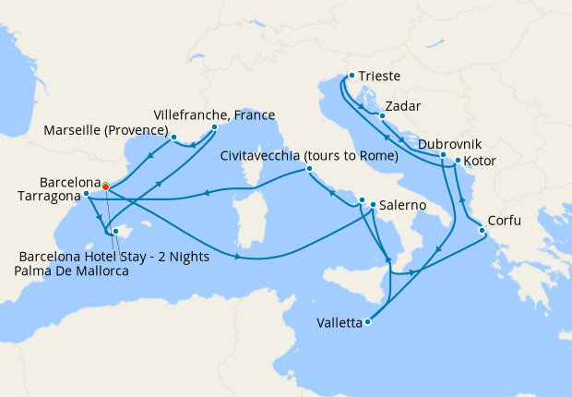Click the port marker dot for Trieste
(x=352, y=76)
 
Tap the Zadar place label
(x=403, y=105)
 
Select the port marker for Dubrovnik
(x=444, y=154)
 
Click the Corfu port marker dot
(x=482, y=230)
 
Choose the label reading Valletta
(x=339, y=323)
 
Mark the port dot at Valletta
(x=368, y=322)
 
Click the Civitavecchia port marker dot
(x=308, y=169)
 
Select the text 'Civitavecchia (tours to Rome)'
(x=309, y=155)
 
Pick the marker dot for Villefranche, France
(x=214, y=127)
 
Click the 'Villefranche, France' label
(x=214, y=114)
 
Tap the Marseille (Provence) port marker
(x=173, y=137)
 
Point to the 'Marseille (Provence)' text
(x=105, y=131)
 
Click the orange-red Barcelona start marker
(x=106, y=186)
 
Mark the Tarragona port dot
(x=86, y=194)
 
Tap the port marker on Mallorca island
(x=115, y=232)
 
